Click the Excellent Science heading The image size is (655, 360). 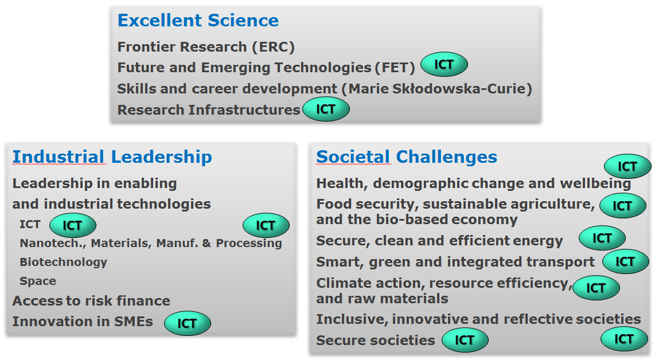[198, 21]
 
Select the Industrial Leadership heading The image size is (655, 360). [112, 157]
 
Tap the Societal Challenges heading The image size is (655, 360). [407, 157]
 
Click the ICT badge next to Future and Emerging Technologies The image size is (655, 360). [444, 64]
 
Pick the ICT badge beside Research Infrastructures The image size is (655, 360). [326, 109]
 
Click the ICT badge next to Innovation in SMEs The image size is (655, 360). [188, 323]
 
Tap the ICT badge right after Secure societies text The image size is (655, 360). [465, 340]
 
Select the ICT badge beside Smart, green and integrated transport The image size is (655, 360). [626, 261]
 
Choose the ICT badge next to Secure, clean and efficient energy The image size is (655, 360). [602, 238]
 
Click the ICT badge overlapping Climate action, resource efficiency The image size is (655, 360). [596, 288]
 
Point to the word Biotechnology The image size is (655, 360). [64, 263]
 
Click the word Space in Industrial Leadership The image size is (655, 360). [38, 281]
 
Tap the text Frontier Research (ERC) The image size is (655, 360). [206, 47]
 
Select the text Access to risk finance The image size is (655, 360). [91, 301]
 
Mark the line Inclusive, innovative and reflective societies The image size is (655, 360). [478, 319]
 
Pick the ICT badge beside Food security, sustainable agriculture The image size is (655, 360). [623, 205]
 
